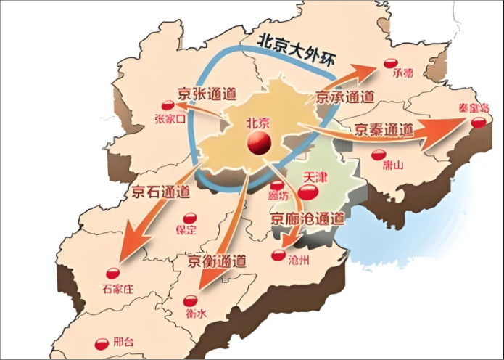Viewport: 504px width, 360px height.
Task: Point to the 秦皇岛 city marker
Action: point(478,123)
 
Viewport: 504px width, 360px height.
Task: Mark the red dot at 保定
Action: point(189,217)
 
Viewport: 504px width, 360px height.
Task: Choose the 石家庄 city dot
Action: point(112,274)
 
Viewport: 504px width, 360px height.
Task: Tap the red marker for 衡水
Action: point(191,300)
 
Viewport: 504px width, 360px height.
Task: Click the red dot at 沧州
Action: point(278,255)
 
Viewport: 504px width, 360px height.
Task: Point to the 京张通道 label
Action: point(206,94)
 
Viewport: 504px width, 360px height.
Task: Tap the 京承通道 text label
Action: point(345,95)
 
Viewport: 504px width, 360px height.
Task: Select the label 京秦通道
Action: point(384,130)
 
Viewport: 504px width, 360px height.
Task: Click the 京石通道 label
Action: point(161,192)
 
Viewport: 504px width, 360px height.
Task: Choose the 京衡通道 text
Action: point(216,261)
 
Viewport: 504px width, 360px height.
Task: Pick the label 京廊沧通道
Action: point(307,217)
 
